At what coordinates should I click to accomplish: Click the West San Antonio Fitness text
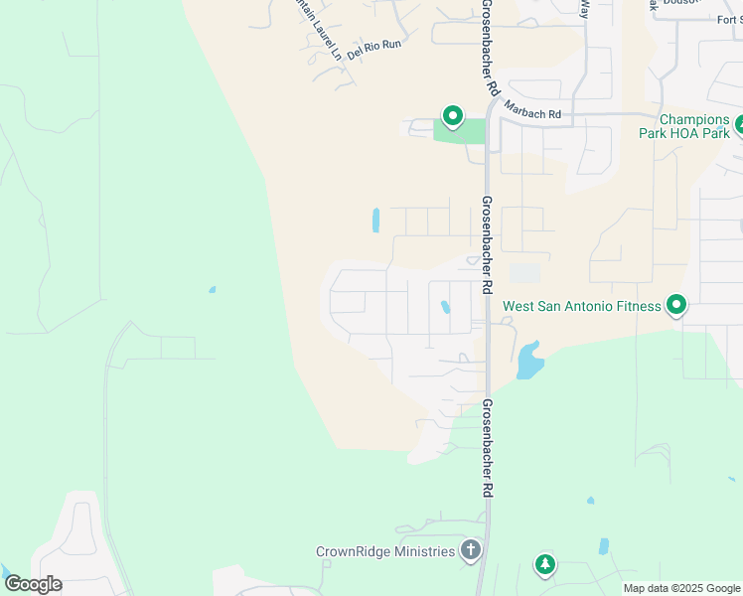point(581,306)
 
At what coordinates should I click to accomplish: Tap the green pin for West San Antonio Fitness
point(676,305)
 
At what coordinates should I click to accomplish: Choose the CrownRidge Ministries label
point(385,551)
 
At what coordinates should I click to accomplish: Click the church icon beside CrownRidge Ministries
point(471,550)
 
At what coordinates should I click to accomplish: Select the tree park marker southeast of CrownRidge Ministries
point(544,565)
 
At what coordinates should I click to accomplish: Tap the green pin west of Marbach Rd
point(452,117)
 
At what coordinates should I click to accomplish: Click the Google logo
point(33,584)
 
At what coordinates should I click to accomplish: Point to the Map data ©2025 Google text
point(681,588)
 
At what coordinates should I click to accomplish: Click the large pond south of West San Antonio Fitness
point(529,362)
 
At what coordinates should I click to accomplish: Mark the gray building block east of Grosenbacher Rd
point(525,273)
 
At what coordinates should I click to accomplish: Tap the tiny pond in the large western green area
point(212,290)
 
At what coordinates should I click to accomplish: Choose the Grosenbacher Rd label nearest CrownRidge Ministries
point(488,448)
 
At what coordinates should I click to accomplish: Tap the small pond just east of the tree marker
point(603,546)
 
